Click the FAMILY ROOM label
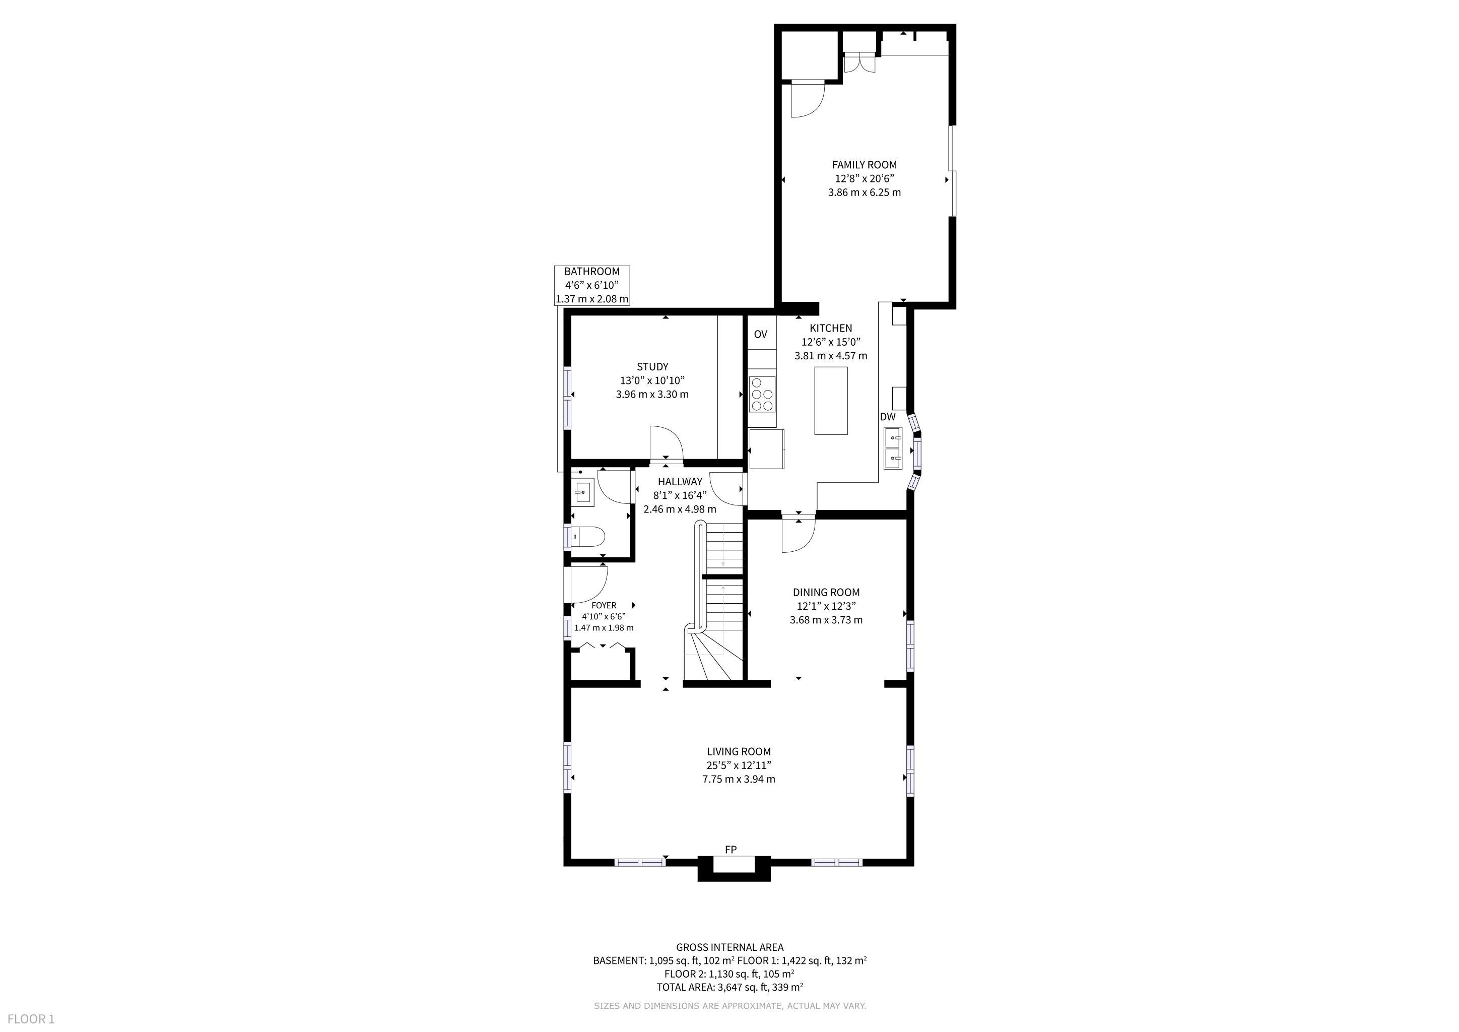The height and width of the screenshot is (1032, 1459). pyautogui.click(x=864, y=165)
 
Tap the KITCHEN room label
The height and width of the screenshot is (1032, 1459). pyautogui.click(x=831, y=329)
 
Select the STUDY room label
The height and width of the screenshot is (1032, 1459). pyautogui.click(x=652, y=367)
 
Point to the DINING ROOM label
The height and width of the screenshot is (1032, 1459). pyautogui.click(x=826, y=592)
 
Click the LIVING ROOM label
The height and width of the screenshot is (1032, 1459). pyautogui.click(x=739, y=752)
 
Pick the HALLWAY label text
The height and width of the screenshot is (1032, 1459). pyautogui.click(x=680, y=482)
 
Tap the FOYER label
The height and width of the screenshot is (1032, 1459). pyautogui.click(x=604, y=606)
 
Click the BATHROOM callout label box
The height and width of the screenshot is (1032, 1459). pyautogui.click(x=591, y=285)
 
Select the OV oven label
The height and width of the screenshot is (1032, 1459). pyautogui.click(x=761, y=334)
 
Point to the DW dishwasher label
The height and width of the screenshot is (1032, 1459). pyautogui.click(x=888, y=417)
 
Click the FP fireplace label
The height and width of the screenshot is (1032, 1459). pyautogui.click(x=731, y=850)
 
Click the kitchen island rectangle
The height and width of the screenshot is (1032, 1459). pyautogui.click(x=831, y=400)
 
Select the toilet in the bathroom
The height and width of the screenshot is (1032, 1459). pyautogui.click(x=586, y=538)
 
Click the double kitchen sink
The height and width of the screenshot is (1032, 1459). pyautogui.click(x=893, y=448)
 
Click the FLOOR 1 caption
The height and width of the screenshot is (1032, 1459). pyautogui.click(x=31, y=1019)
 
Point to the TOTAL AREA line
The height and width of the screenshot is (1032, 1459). pyautogui.click(x=730, y=987)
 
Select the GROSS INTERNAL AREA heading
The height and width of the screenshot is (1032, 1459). pyautogui.click(x=730, y=947)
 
